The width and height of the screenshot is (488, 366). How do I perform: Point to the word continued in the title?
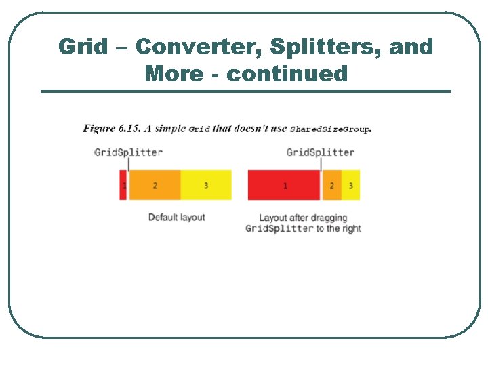pyautogui.click(x=287, y=73)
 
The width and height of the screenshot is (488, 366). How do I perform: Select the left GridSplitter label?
pyautogui.click(x=128, y=152)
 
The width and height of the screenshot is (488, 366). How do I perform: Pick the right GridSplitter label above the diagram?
pyautogui.click(x=320, y=152)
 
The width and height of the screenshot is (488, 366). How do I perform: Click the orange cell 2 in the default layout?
pyautogui.click(x=155, y=185)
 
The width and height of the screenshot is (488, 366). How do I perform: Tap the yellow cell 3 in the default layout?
pyautogui.click(x=206, y=185)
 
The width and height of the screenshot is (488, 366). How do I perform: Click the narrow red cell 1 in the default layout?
pyautogui.click(x=123, y=185)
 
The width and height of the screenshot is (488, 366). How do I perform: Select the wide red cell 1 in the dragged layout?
pyautogui.click(x=284, y=185)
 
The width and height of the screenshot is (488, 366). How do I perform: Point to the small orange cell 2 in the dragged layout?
pyautogui.click(x=331, y=185)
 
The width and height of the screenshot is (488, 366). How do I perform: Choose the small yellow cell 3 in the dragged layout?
pyautogui.click(x=350, y=185)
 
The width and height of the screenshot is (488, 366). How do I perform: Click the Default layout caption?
pyautogui.click(x=176, y=218)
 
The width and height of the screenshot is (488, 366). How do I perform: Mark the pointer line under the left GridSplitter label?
pyautogui.click(x=129, y=164)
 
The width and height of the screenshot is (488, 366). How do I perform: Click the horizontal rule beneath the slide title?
pyautogui.click(x=245, y=91)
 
